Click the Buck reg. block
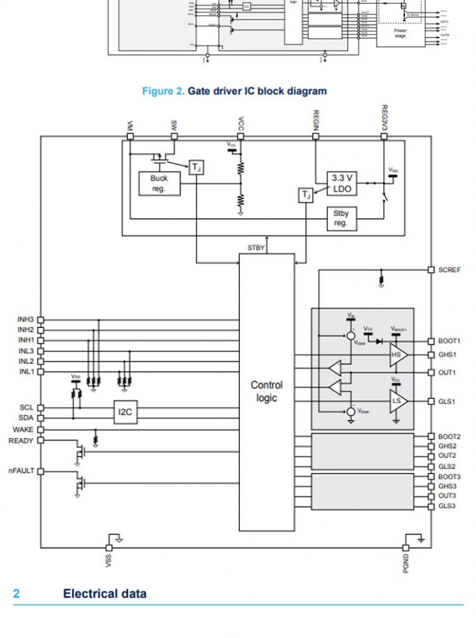pyautogui.click(x=159, y=183)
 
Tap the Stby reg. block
pyautogui.click(x=341, y=218)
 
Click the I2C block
pyautogui.click(x=125, y=412)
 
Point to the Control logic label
pyautogui.click(x=267, y=391)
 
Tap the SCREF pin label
pyautogui.click(x=450, y=270)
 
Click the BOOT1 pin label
pyautogui.click(x=449, y=341)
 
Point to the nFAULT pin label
pyautogui.click(x=21, y=471)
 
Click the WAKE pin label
pyautogui.click(x=23, y=430)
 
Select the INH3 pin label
pyautogui.click(x=26, y=319)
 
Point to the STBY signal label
pyautogui.click(x=256, y=247)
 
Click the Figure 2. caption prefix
pyautogui.click(x=163, y=91)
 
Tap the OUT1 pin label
pyautogui.click(x=447, y=373)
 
